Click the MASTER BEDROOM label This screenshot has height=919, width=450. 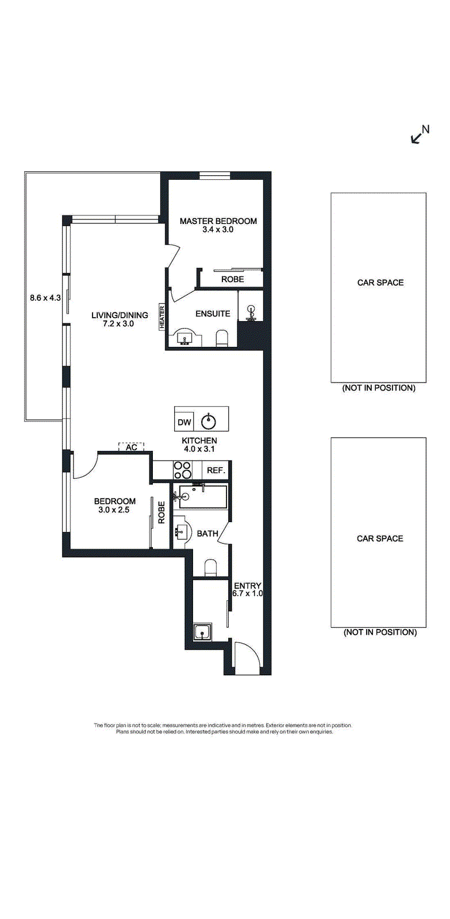(218, 221)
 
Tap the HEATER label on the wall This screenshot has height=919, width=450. (161, 316)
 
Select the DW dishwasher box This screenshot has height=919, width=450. (184, 422)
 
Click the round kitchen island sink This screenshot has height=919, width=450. (209, 422)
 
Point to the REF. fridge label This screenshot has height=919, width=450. (216, 470)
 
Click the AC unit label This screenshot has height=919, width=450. (132, 447)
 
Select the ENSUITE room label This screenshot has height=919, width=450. (213, 314)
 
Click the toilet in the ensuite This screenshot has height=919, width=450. (221, 338)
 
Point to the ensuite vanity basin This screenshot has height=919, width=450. (187, 337)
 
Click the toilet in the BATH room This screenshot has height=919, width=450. (210, 567)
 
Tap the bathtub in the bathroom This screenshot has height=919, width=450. (203, 496)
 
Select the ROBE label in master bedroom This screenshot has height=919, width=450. (232, 279)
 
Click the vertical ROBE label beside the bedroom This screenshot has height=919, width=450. (161, 512)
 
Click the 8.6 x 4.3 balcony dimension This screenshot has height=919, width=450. (45, 298)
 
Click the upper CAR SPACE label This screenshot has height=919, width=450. (380, 282)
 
